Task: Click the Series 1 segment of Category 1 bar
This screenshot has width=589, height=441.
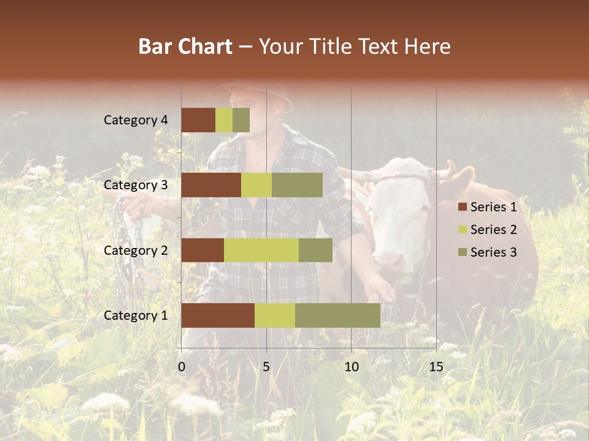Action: pos(218,315)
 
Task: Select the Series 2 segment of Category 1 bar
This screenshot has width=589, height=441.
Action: pos(275,315)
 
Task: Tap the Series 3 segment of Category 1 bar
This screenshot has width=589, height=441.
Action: pos(337,315)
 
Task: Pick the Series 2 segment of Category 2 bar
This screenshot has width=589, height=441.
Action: pos(261,250)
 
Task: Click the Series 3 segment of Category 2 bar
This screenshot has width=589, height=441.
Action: pos(315,250)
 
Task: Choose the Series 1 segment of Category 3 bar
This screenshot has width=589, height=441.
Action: pos(211,185)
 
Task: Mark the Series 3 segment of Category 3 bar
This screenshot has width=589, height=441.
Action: pos(297,185)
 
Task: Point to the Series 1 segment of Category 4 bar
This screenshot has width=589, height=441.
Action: pos(198,120)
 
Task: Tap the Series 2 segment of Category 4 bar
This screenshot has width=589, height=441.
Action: pos(224,120)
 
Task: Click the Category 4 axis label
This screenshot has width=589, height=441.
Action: pos(136,120)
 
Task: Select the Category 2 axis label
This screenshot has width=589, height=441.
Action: pos(136,251)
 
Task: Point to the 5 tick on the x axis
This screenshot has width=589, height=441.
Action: pos(266,367)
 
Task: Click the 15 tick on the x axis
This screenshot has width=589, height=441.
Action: pos(436,367)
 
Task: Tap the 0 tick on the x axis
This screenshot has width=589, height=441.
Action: pos(182,367)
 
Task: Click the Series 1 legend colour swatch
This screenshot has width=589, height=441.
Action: pos(463,207)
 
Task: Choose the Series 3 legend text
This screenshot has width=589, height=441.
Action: pos(493,252)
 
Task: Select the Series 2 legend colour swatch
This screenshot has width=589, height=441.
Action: pos(463,230)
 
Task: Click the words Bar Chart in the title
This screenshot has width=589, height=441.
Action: pos(185,47)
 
